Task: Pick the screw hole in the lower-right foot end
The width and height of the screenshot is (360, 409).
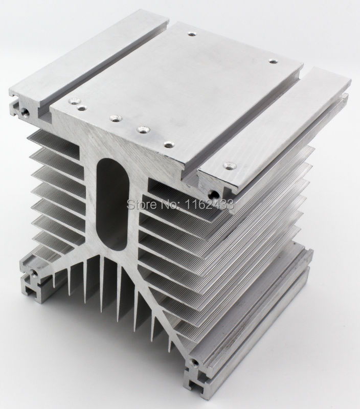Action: click(194, 362)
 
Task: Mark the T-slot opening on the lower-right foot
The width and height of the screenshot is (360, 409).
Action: click(194, 384)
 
